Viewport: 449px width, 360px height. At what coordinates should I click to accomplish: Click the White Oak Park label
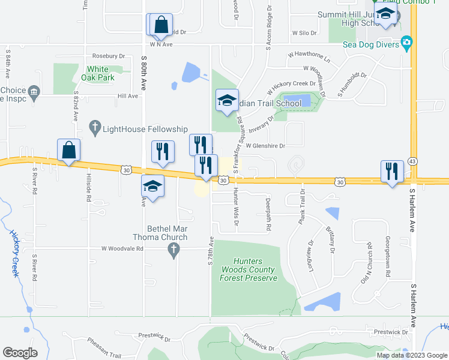pos(100,74)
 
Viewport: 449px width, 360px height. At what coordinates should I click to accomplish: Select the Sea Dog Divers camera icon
pos(408,42)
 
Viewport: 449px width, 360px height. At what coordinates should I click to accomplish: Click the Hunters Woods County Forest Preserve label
pos(247,270)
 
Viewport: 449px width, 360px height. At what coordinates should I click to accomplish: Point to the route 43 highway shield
pos(412,161)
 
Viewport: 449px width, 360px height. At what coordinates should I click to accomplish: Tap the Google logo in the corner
pos(20,353)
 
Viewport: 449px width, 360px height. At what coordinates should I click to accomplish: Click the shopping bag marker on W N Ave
pos(161,25)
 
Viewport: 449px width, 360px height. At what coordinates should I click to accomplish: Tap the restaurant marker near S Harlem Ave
pos(392,171)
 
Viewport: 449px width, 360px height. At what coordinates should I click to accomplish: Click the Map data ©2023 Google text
pos(412,355)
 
